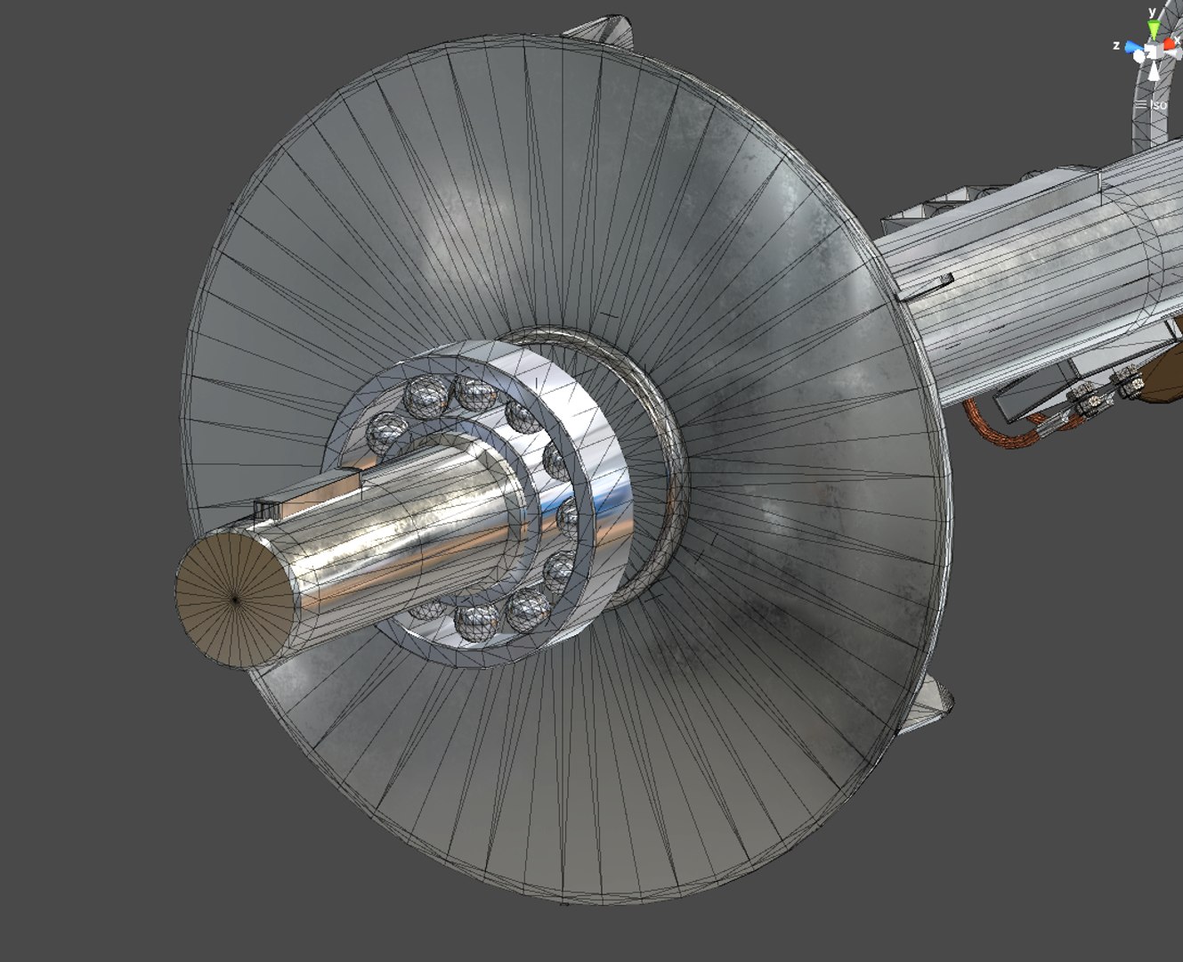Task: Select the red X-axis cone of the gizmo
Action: click(x=1170, y=44)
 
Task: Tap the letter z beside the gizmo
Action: click(x=1116, y=45)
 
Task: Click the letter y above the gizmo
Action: click(x=1152, y=12)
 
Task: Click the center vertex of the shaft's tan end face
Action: click(x=235, y=601)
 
